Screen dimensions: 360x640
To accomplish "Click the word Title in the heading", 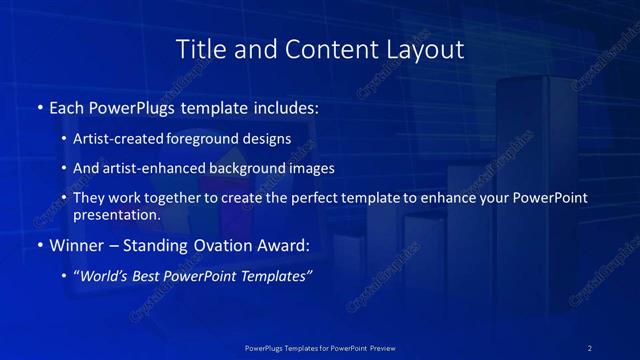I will (x=198, y=48).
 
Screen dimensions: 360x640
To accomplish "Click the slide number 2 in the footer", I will (x=590, y=348).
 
